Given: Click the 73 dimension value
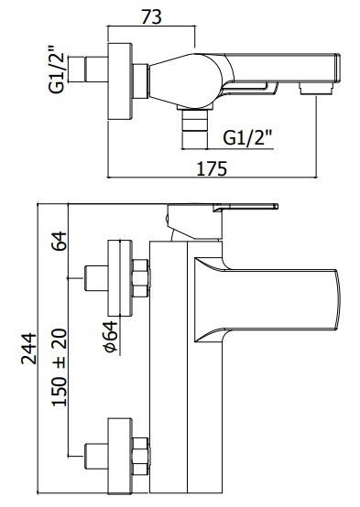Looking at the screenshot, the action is pos(151,16).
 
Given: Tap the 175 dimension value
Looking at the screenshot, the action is pos(212,168).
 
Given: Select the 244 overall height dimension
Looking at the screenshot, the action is pos(28,349).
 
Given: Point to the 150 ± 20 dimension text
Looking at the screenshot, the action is pos(60,368).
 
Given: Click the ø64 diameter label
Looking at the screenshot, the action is pos(110,337).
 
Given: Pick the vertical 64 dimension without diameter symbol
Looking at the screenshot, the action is pos(59,241).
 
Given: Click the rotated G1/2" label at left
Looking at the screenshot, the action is pos(56,70).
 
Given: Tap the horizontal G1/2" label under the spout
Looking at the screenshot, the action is pos(247,137).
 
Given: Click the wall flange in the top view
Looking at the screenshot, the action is pos(120,81).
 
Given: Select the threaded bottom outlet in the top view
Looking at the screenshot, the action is pos(195,129).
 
